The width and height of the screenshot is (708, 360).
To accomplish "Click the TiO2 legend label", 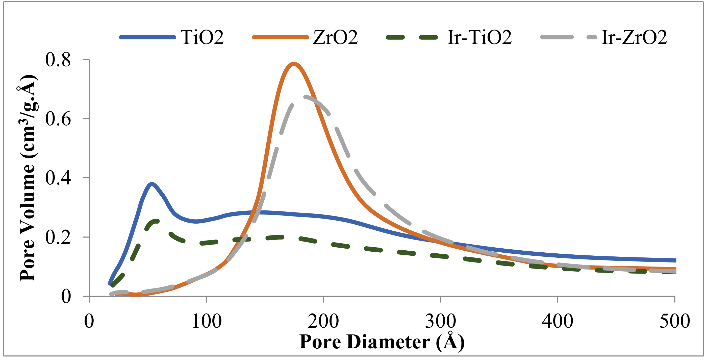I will (x=202, y=37).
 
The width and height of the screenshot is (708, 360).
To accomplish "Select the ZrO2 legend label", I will (x=335, y=37).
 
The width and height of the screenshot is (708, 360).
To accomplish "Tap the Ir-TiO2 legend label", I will (x=479, y=37).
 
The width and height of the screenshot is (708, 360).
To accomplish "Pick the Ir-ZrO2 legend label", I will (x=634, y=37).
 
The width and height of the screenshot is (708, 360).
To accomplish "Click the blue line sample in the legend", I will (x=148, y=37).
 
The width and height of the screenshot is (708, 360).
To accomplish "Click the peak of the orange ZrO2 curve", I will (x=294, y=64).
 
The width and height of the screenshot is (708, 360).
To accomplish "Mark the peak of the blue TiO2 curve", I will (x=152, y=184).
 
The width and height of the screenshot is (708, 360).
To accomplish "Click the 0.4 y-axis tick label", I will (x=58, y=178).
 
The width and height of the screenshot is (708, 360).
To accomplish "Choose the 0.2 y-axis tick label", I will (x=58, y=237).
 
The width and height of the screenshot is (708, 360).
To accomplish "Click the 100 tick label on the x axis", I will (x=206, y=321).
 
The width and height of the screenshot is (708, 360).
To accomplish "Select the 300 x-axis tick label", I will (x=441, y=321).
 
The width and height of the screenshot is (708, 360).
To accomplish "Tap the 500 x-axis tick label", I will (x=674, y=321).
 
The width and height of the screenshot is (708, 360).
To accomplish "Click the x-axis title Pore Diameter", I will (x=382, y=342).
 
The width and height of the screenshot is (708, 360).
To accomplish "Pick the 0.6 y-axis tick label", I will (x=58, y=119).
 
